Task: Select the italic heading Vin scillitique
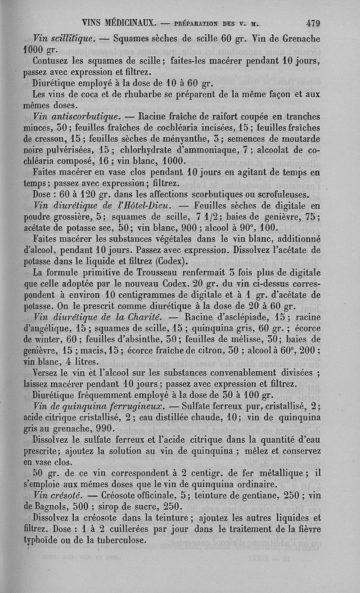63,39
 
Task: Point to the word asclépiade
243,318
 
